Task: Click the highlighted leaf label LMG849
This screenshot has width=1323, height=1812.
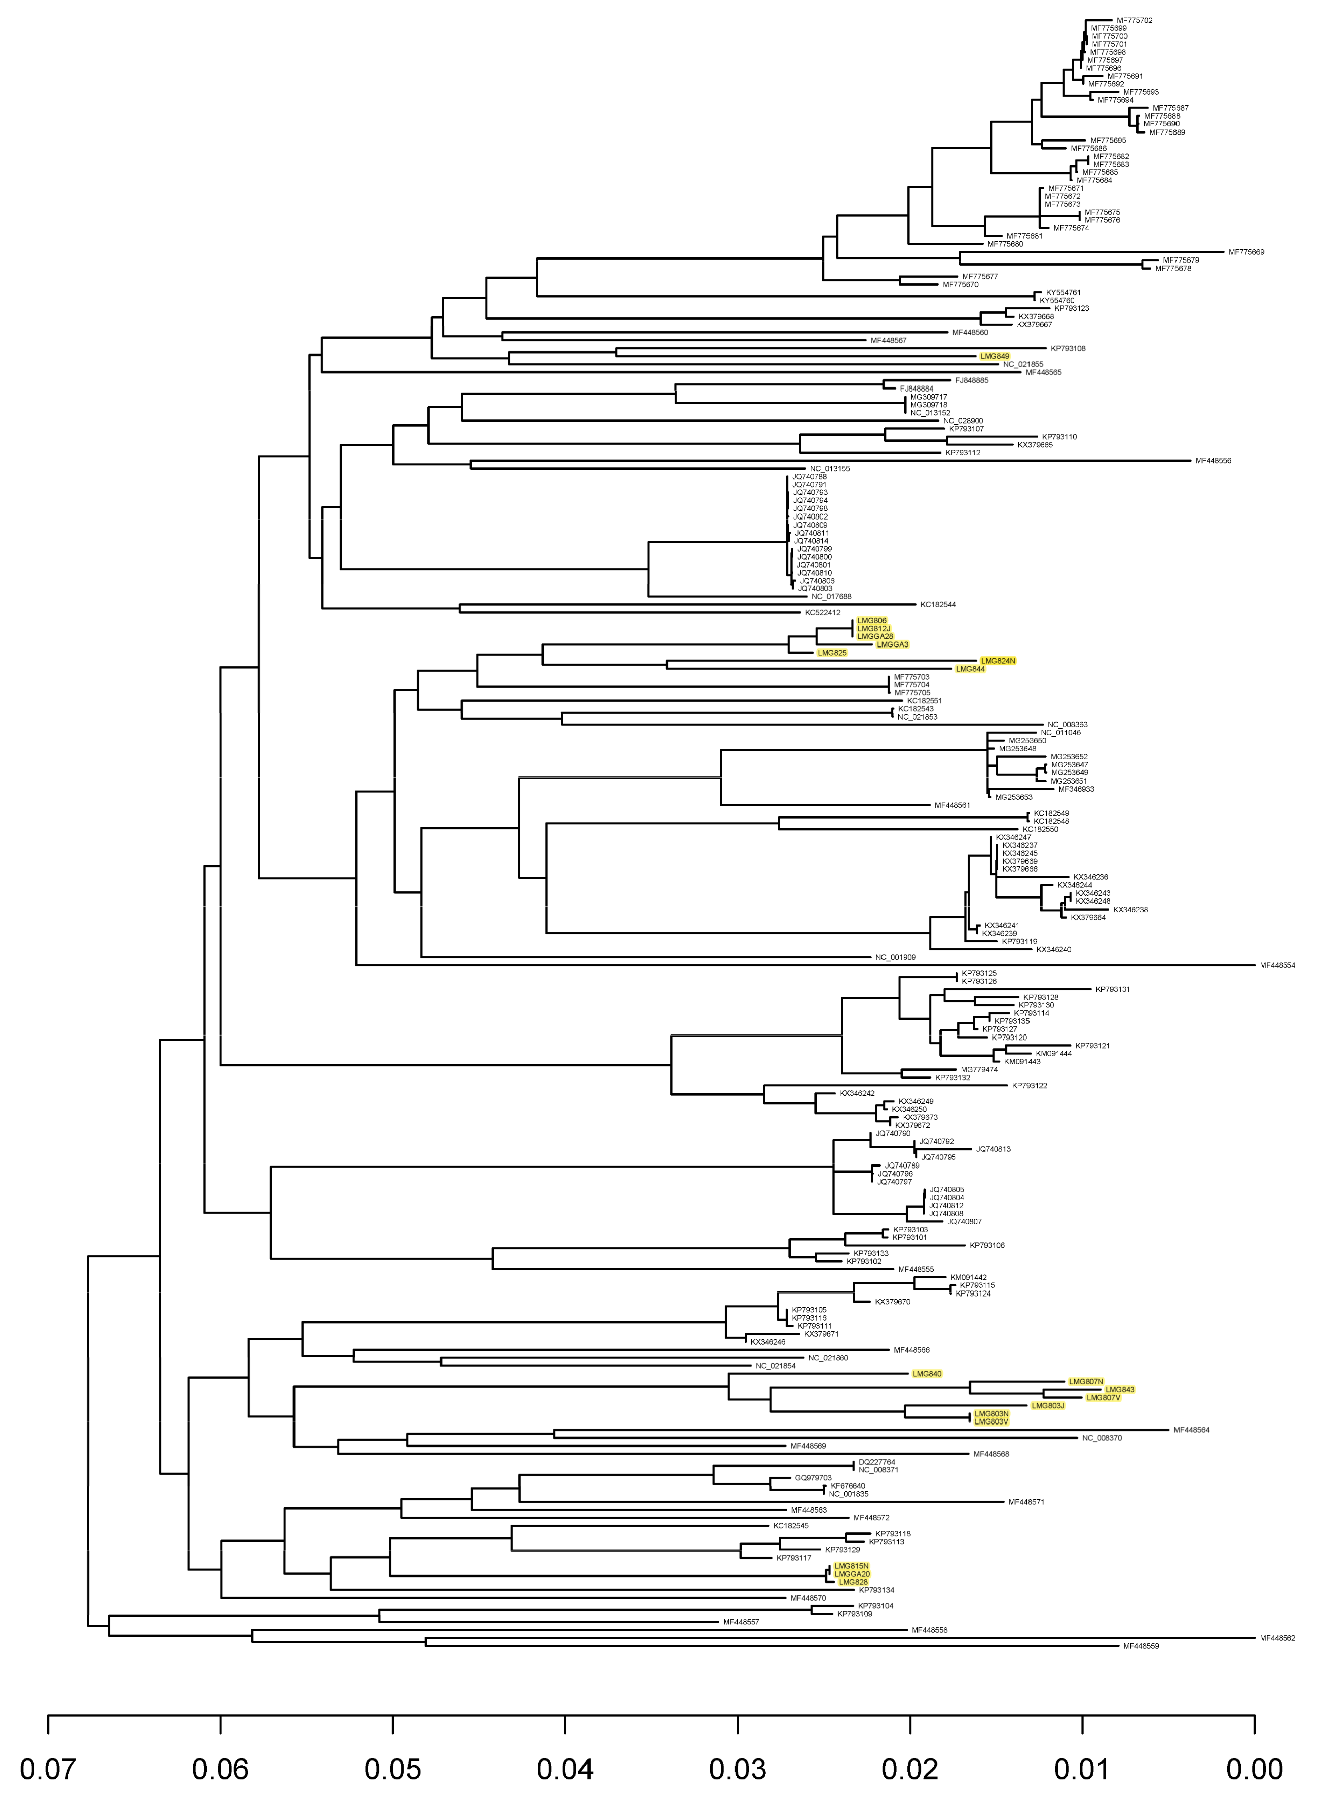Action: (995, 356)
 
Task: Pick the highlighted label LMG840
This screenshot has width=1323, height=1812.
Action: (927, 1374)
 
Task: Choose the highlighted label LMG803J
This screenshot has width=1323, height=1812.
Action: (1048, 1406)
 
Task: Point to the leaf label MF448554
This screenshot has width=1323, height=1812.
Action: (1277, 965)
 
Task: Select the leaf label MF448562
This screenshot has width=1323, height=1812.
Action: (1277, 1638)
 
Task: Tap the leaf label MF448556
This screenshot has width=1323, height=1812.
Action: (1213, 461)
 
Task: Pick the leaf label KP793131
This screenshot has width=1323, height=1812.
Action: (1112, 989)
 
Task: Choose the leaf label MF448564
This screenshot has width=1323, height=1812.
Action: (1191, 1430)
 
